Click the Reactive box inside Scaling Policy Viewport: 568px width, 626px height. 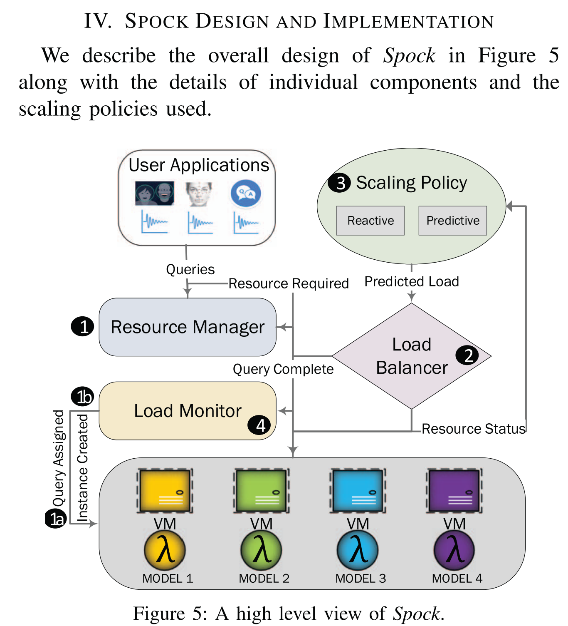pyautogui.click(x=370, y=221)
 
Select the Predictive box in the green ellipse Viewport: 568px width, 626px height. pyautogui.click(x=452, y=221)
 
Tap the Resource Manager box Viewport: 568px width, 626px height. pyautogui.click(x=188, y=327)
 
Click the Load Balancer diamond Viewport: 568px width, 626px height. pyautogui.click(x=412, y=356)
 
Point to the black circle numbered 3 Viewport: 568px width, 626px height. pyautogui.click(x=340, y=183)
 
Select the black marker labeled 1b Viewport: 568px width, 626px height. pyautogui.click(x=82, y=397)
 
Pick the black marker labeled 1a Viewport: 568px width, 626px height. pyautogui.click(x=56, y=519)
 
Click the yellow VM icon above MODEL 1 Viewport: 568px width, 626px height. pyautogui.click(x=165, y=491)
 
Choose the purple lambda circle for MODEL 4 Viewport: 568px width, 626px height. pyautogui.click(x=454, y=550)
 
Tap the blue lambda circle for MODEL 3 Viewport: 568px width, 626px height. pyautogui.click(x=358, y=550)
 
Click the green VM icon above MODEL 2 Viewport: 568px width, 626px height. pyautogui.click(x=261, y=491)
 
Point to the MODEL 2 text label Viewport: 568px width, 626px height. pyautogui.click(x=264, y=579)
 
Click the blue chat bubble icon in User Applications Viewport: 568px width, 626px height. pyautogui.click(x=246, y=194)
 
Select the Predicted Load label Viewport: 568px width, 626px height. pyautogui.click(x=412, y=282)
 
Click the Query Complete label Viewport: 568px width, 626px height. pyautogui.click(x=283, y=369)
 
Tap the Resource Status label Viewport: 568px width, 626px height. pyautogui.click(x=474, y=429)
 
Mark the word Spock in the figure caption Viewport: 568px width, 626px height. pyautogui.click(x=416, y=614)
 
